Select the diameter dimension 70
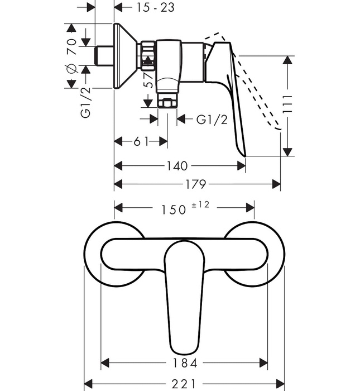tap(71, 47)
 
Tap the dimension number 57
tap(148, 82)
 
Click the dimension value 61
tap(141, 142)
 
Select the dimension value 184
tap(185, 363)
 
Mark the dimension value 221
tap(184, 384)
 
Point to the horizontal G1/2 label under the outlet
tap(212, 120)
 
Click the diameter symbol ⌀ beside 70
tap(71, 69)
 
